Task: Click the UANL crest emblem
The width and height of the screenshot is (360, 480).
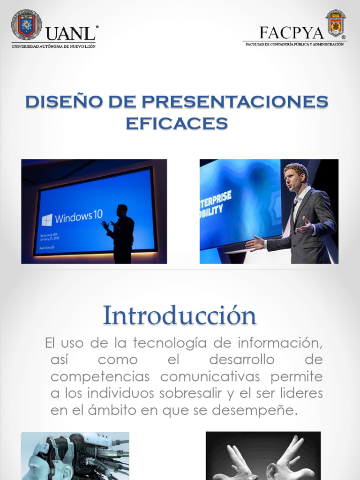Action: [27, 24]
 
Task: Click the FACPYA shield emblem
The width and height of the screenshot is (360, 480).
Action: [336, 23]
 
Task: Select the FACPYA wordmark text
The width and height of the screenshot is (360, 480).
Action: [291, 33]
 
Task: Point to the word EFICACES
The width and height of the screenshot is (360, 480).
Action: [177, 123]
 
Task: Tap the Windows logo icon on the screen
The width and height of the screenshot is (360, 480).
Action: [47, 220]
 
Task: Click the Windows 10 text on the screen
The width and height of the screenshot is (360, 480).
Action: [78, 217]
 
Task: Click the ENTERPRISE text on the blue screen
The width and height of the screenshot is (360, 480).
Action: [216, 196]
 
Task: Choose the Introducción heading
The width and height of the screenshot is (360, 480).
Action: [180, 315]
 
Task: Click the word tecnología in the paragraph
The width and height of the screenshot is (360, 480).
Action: [169, 343]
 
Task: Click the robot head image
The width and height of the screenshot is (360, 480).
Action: [75, 456]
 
